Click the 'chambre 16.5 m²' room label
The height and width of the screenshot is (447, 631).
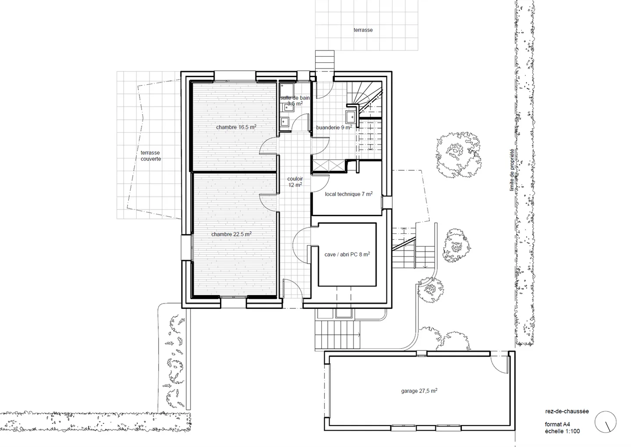(x=236, y=127)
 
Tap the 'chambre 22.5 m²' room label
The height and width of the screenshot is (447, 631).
(x=231, y=234)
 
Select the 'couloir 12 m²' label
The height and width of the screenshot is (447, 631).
(x=295, y=182)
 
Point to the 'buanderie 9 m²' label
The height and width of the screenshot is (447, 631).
(x=334, y=128)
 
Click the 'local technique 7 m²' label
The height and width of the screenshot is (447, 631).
(x=349, y=194)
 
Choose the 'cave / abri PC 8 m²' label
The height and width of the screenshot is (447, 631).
(x=347, y=254)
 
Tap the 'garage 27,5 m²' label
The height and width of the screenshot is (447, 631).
(x=419, y=391)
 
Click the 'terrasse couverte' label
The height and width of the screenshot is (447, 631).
(x=151, y=156)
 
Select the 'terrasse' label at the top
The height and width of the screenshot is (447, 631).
(x=363, y=30)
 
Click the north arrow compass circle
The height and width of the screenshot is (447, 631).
(x=606, y=422)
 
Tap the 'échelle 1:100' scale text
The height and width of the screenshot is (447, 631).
(x=562, y=431)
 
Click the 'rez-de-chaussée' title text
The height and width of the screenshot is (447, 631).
(x=567, y=411)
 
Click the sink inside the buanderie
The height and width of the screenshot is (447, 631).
(x=351, y=117)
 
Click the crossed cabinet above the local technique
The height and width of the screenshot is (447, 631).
(x=328, y=166)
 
